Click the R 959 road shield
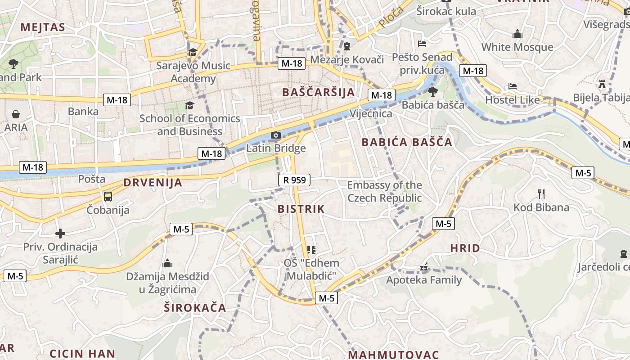(295, 180)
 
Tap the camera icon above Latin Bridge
(275, 135)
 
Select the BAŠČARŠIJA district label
(318, 92)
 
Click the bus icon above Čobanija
(108, 196)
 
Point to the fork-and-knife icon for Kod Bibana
(541, 194)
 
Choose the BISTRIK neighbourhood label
(301, 209)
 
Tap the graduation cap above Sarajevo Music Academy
(193, 52)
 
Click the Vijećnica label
(371, 113)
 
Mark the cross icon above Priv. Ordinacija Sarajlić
(60, 233)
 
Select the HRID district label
(465, 248)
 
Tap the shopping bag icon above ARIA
(16, 114)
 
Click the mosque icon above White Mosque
(517, 34)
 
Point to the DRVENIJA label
(153, 183)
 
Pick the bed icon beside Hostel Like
(513, 86)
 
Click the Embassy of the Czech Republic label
(385, 191)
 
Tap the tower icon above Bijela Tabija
(602, 84)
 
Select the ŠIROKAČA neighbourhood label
(195, 308)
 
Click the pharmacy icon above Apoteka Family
(424, 267)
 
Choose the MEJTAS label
(43, 27)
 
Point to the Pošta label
(92, 179)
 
